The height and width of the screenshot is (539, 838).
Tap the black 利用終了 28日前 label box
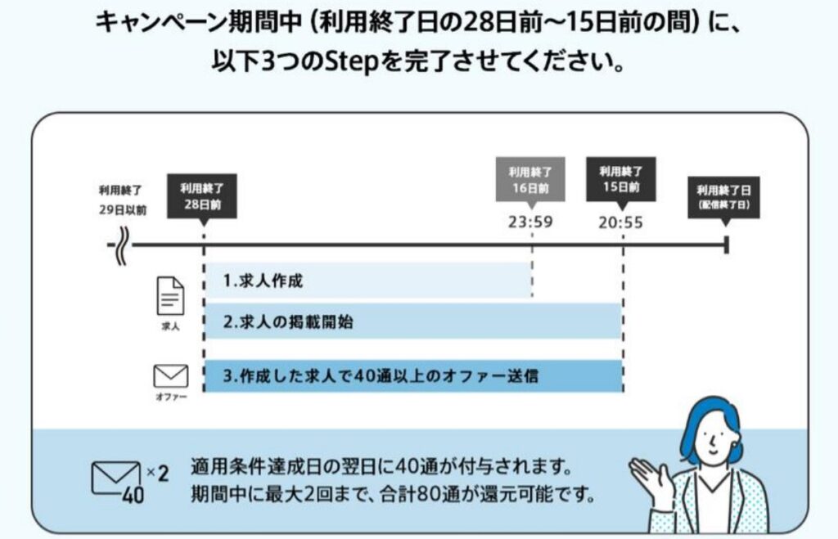pos(202,195)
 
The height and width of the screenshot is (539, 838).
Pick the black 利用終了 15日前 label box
pos(620,177)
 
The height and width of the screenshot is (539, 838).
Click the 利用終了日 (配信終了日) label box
pos(723,195)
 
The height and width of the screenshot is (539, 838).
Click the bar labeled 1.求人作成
pos(367,281)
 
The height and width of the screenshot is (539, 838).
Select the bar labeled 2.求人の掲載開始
pos(412,321)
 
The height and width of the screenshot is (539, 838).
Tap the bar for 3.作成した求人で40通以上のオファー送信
pos(412,376)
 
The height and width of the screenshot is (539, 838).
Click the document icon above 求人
pos(170,295)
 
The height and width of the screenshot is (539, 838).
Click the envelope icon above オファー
pos(170,376)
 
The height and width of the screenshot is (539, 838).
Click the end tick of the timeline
pos(726,245)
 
